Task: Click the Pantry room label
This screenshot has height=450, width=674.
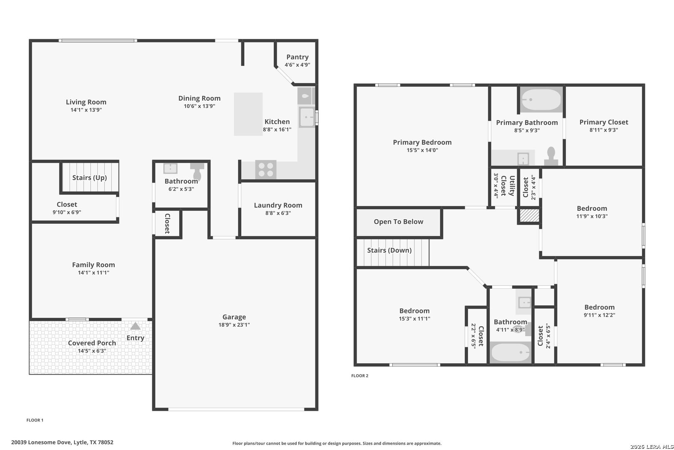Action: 297,57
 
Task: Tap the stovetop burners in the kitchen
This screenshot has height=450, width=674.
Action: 266,170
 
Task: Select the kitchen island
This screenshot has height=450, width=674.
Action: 248,114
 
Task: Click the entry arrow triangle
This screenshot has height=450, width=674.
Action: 135,326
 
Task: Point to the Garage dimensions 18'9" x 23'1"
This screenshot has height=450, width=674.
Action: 234,325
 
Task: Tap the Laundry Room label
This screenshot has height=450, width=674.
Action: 278,205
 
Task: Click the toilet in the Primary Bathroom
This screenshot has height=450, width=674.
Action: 551,156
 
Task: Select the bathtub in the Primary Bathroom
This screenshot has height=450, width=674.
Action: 541,100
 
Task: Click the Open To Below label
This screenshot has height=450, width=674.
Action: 399,222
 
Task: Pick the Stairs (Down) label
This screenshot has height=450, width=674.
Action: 389,250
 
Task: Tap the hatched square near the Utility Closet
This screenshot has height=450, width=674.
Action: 529,216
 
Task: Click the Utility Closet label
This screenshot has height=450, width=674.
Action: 508,186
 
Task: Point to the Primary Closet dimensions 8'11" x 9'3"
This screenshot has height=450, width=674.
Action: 604,130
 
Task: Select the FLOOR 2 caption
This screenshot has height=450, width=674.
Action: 359,375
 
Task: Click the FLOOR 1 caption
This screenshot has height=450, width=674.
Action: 35,420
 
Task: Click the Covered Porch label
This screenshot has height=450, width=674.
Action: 92,343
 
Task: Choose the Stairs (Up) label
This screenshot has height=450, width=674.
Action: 90,177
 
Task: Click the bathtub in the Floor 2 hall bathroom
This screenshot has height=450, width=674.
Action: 510,352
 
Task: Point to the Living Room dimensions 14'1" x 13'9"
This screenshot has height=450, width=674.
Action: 86,110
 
